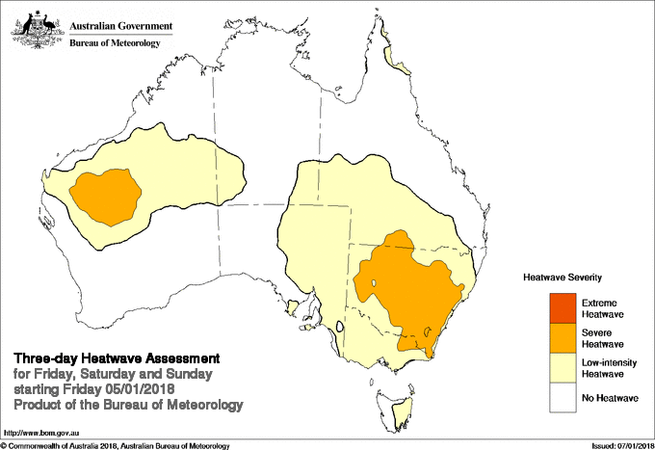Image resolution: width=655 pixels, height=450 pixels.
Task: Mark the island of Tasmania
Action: [x=382, y=392]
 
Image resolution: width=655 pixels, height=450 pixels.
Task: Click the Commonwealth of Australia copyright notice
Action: [x=116, y=445]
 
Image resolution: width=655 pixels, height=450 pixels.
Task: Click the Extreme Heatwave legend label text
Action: [x=603, y=308]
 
